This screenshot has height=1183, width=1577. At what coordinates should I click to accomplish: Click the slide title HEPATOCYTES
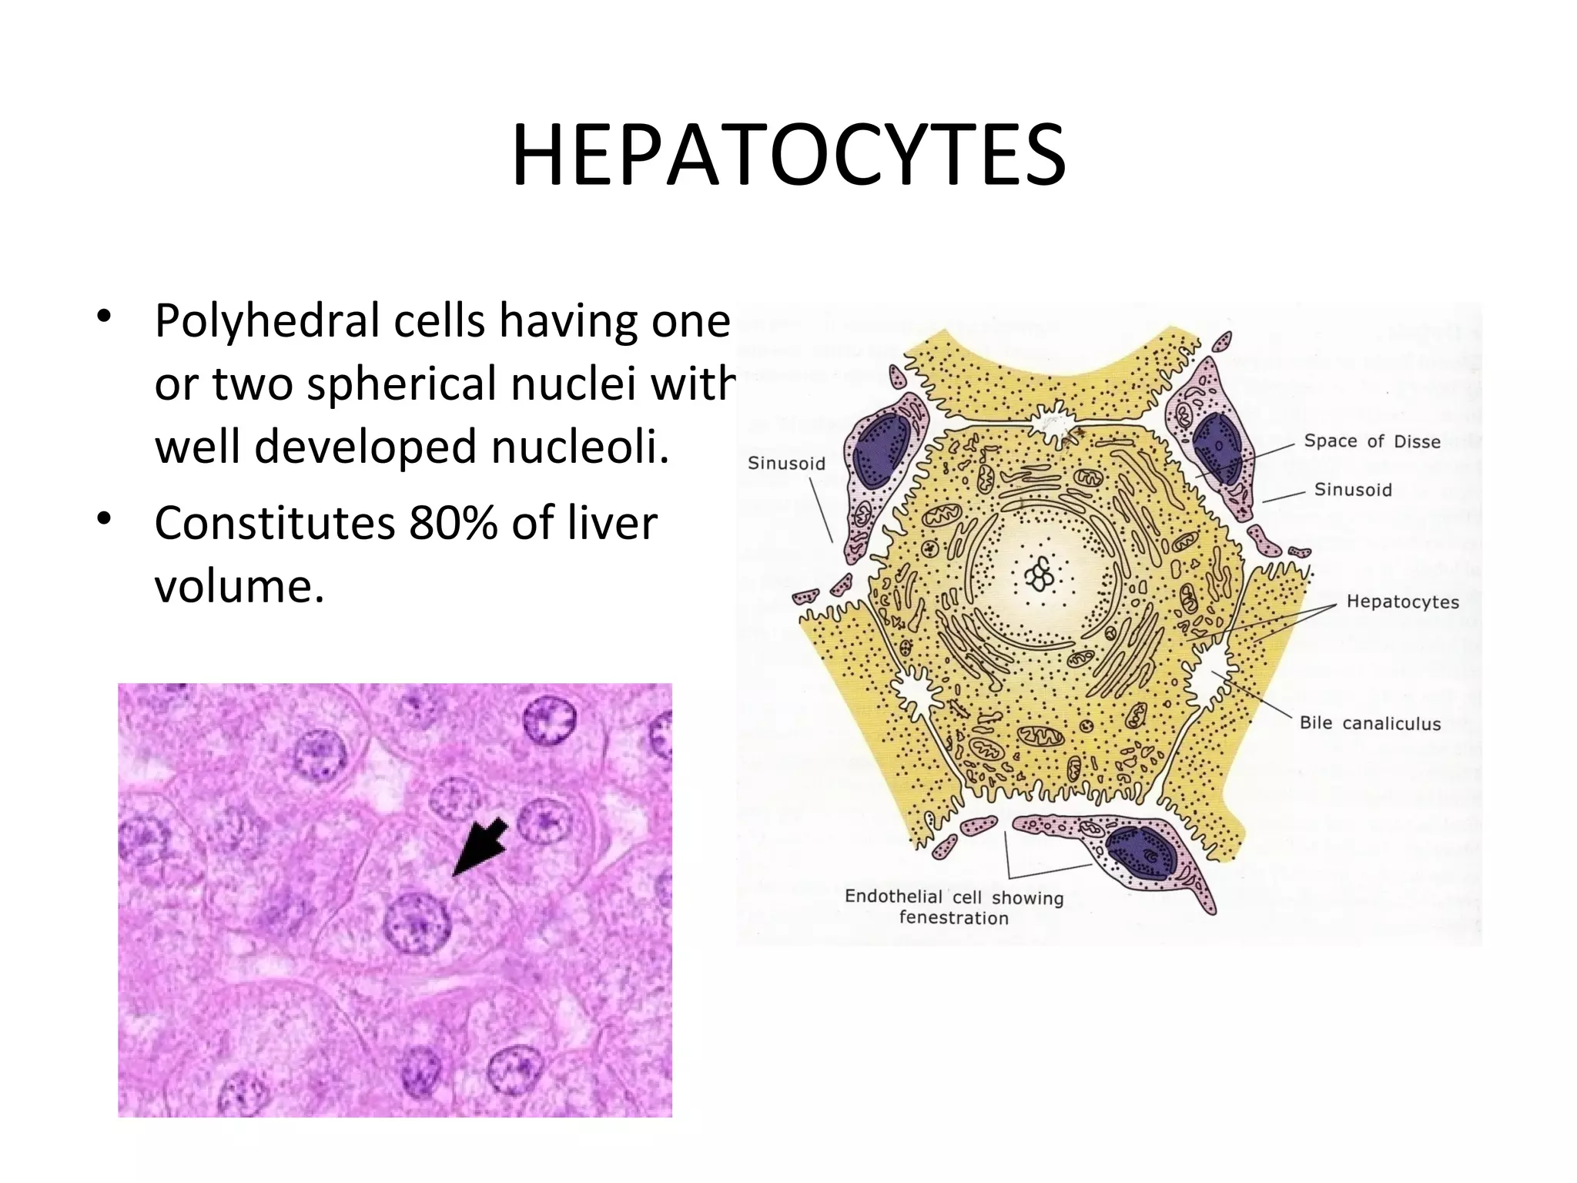click(788, 157)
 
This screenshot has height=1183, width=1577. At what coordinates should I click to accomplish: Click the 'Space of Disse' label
click(1371, 441)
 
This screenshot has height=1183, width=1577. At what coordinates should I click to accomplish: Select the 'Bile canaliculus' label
click(1370, 723)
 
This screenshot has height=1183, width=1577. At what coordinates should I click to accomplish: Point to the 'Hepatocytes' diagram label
click(1402, 602)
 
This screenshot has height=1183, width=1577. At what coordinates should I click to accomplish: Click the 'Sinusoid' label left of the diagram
click(786, 464)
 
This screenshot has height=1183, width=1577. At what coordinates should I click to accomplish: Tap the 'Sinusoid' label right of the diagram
click(1353, 490)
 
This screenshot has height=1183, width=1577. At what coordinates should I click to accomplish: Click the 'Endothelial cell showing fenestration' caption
click(953, 907)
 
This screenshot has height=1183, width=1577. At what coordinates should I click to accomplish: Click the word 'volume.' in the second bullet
click(239, 587)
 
